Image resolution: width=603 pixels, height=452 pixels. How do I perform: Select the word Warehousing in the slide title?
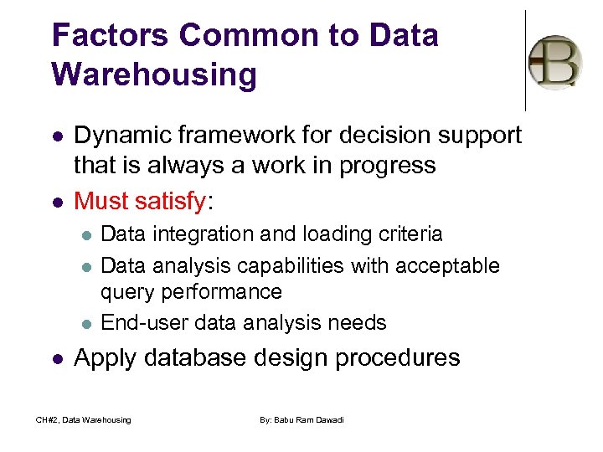click(x=154, y=74)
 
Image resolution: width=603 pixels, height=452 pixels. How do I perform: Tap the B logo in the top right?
click(x=554, y=62)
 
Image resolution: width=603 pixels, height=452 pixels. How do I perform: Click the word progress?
click(x=393, y=165)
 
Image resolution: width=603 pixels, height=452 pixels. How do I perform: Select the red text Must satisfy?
click(x=139, y=201)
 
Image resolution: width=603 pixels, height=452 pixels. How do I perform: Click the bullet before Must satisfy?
click(x=55, y=202)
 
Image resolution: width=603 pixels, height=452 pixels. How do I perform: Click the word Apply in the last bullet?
click(x=106, y=358)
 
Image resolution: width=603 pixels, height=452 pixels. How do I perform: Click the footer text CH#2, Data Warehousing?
click(x=83, y=419)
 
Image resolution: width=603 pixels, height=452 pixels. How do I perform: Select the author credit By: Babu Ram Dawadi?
click(x=301, y=419)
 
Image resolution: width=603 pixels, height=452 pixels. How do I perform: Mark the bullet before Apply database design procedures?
click(x=55, y=358)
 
